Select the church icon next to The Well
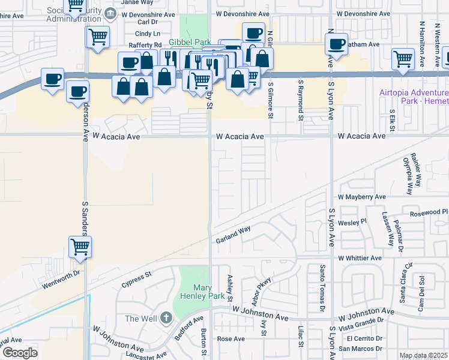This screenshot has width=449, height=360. click(166, 318)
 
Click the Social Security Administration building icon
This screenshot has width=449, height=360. click(110, 13)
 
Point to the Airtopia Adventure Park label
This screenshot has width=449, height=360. click(414, 97)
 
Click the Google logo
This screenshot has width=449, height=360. click(19, 353)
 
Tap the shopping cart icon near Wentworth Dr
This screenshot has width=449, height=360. click(80, 247)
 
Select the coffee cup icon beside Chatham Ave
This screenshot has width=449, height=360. click(336, 44)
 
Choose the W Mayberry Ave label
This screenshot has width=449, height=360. click(361, 197)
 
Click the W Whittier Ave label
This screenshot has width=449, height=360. click(360, 258)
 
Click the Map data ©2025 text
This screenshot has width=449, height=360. click(424, 356)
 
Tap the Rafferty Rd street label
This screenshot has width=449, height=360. click(145, 45)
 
